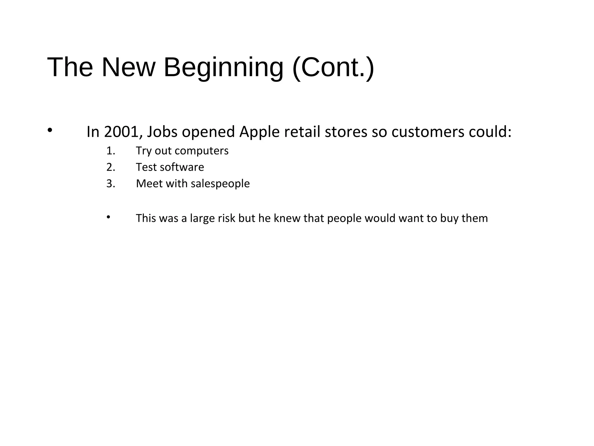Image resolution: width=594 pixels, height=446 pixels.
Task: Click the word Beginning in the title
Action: (x=223, y=68)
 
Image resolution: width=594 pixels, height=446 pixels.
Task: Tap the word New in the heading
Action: (x=128, y=67)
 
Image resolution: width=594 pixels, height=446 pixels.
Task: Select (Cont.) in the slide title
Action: (x=333, y=67)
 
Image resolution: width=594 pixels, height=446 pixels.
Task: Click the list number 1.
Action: (x=111, y=151)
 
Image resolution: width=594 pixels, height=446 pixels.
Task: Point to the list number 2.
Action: (x=111, y=167)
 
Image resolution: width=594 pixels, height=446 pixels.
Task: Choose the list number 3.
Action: (x=111, y=184)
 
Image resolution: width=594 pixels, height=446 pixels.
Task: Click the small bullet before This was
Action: (x=108, y=217)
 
